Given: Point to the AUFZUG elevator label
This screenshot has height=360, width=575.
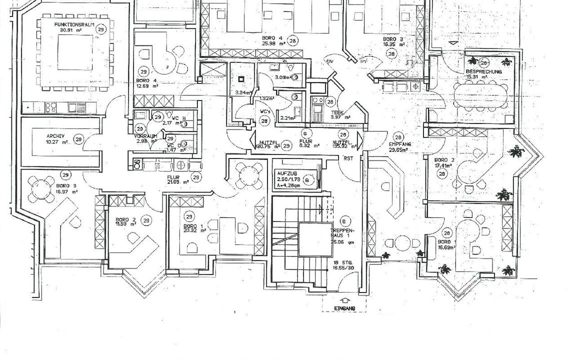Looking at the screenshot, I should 286,172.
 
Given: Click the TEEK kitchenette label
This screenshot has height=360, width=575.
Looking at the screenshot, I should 336,112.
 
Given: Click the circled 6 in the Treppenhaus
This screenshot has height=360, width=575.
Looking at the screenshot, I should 343,221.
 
